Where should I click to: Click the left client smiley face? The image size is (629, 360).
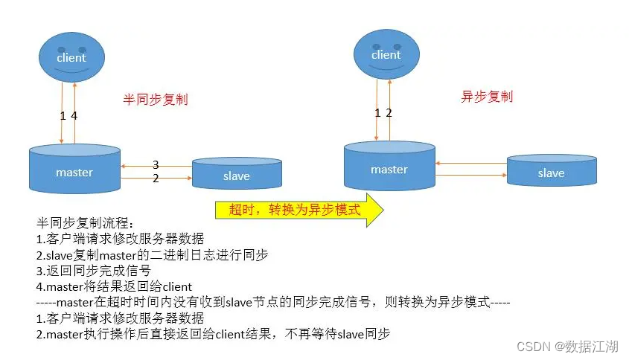point(71,59)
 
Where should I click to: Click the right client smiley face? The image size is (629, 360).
point(386,56)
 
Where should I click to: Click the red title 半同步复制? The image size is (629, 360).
point(155,98)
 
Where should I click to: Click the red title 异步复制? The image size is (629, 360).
point(487,96)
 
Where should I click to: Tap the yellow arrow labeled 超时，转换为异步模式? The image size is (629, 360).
point(298,210)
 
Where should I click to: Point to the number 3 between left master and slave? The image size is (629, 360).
point(156,164)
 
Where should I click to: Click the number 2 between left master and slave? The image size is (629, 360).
point(156,179)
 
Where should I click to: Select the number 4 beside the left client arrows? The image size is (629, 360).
point(74,115)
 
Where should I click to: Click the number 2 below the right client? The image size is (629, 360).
point(389,112)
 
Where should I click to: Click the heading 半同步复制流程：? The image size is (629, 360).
point(83,224)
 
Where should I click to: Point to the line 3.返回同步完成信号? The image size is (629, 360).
point(94,271)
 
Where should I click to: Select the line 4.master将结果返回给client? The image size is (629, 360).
point(114,286)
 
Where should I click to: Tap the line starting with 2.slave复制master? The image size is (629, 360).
point(152,255)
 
